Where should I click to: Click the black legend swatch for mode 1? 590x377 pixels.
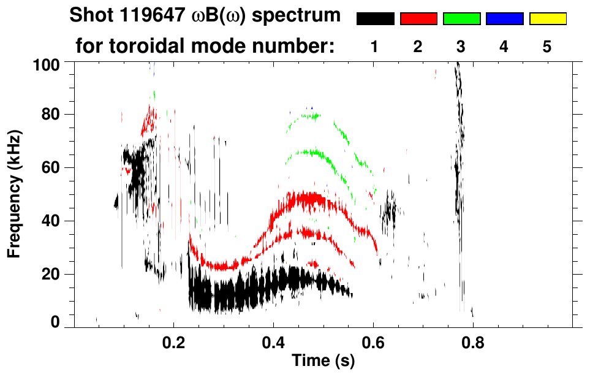pos(375,19)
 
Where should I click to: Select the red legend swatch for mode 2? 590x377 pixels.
pos(418,19)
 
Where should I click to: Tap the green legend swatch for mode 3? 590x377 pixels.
pos(461,19)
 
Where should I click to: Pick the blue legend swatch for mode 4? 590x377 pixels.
pos(504,19)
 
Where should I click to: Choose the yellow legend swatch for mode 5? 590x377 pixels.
pos(547,19)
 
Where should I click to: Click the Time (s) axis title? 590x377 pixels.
pos(323,362)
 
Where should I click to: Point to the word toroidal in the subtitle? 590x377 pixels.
pos(157,47)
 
